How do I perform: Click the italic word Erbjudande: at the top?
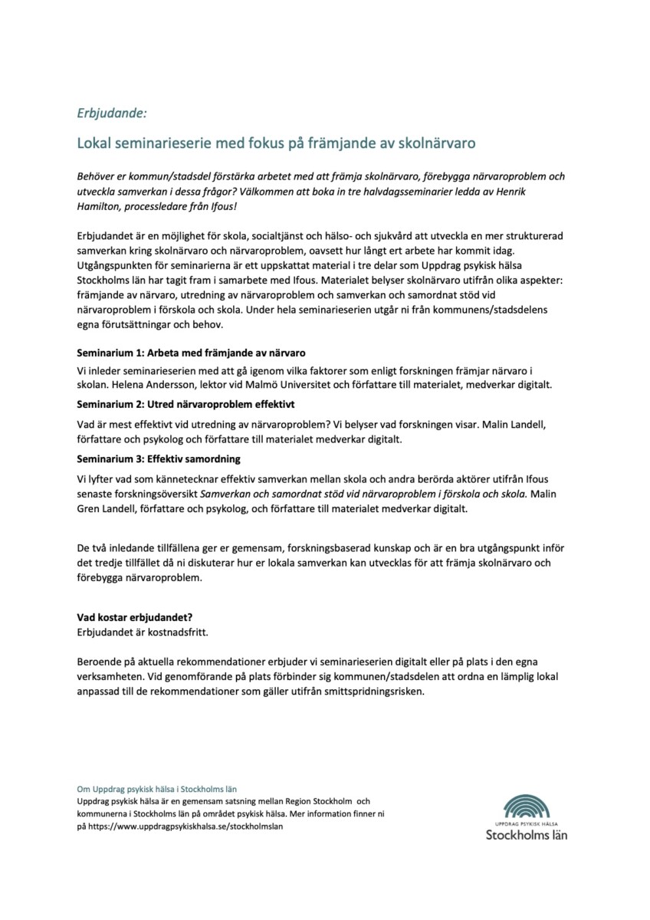point(111,113)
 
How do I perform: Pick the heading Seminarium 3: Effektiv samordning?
point(159,458)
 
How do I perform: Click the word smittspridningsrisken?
point(379,690)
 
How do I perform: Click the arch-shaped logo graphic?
point(537,805)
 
